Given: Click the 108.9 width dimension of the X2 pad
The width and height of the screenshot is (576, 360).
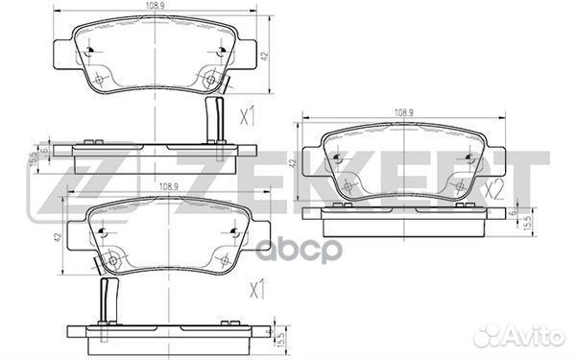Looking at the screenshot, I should [x=404, y=112].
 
